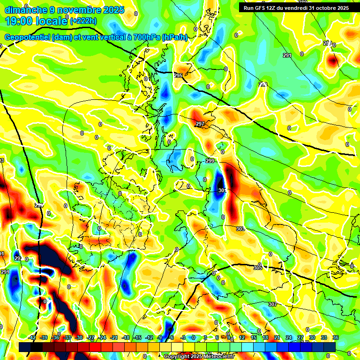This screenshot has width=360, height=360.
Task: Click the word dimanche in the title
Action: pyautogui.click(x=26, y=9)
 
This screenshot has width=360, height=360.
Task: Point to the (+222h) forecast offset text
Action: pyautogui.click(x=83, y=21)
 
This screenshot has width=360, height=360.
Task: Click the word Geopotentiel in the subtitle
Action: pyautogui.click(x=28, y=37)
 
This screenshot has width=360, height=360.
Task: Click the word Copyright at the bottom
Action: pyautogui.click(x=177, y=356)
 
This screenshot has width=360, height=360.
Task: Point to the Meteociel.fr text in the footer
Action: pyautogui.click(x=219, y=356)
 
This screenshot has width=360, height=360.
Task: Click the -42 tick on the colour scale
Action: pyautogui.click(x=32, y=337)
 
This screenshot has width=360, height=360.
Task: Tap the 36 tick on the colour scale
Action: pyautogui.click(x=335, y=337)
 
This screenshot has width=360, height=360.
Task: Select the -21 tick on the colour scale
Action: pyautogui.click(x=114, y=337)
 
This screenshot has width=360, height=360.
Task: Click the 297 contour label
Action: pyautogui.click(x=200, y=124)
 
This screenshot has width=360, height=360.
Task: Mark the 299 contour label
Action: pyautogui.click(x=210, y=161)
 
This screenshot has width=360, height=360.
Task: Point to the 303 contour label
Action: pyautogui.click(x=240, y=229)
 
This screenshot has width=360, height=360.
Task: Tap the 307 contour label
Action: pyautogui.click(x=272, y=304)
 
